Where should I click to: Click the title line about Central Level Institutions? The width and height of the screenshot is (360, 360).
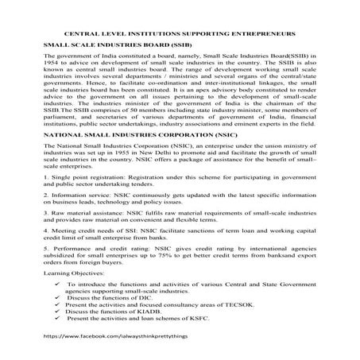point(179,36)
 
